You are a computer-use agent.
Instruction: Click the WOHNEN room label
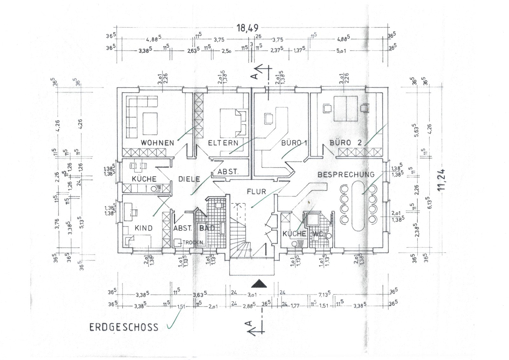pyautogui.click(x=157, y=143)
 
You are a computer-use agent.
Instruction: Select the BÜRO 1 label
pyautogui.click(x=294, y=143)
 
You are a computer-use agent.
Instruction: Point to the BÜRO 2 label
pyautogui.click(x=345, y=143)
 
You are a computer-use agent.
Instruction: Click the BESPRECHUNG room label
pyautogui.click(x=346, y=174)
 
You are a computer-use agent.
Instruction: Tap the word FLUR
pyautogui.click(x=256, y=192)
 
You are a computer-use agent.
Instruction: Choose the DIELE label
pyautogui.click(x=189, y=179)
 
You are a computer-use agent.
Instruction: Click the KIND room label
pyautogui.click(x=143, y=228)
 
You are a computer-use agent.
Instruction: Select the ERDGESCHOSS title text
pyautogui.click(x=124, y=327)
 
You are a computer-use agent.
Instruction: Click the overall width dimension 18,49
pyautogui.click(x=247, y=28)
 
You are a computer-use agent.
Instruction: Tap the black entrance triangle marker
pyautogui.click(x=258, y=283)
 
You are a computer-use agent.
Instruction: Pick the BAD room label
pyautogui.click(x=207, y=228)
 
